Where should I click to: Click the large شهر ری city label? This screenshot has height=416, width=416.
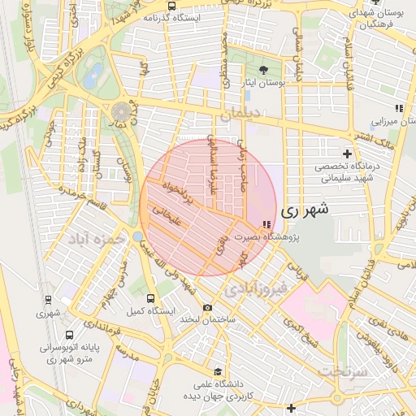click(305, 210)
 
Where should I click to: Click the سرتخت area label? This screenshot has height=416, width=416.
click(343, 370)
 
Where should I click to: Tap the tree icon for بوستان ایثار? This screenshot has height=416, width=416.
click(263, 69)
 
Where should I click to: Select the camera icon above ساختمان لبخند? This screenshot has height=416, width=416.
click(207, 307)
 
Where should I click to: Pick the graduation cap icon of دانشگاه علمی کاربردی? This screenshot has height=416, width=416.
click(216, 371)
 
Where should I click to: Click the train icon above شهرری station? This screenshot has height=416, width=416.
click(48, 299)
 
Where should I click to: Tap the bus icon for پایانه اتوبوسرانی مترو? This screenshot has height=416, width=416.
click(69, 333)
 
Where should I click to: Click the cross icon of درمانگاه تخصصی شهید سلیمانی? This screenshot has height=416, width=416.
click(348, 154)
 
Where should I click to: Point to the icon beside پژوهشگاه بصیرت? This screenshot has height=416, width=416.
click(266, 224)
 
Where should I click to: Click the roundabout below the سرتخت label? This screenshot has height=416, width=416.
click(337, 396)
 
